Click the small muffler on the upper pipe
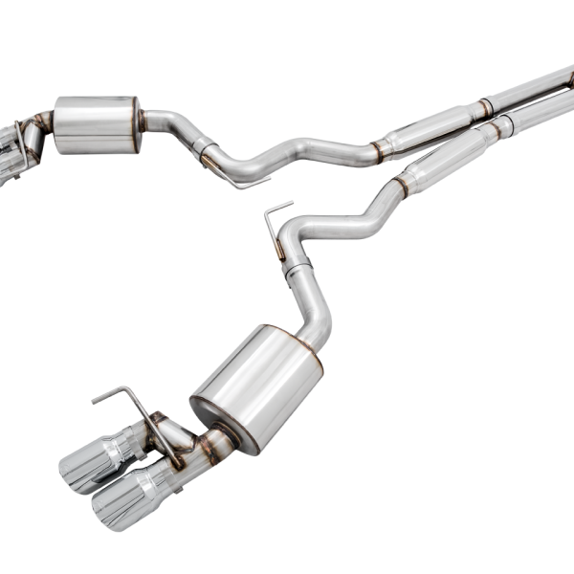pos(97,124)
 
